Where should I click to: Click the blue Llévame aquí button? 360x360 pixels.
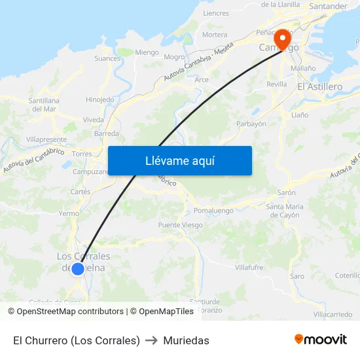coord(179,160)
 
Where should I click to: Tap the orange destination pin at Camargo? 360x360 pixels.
coord(283,39)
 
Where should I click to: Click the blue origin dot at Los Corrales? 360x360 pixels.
coord(78,268)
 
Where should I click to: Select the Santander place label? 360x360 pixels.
coord(328,7)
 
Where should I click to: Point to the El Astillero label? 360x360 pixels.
coord(319,86)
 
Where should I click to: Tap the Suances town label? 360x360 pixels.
coord(107,58)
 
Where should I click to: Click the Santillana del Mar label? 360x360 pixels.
coord(45,105)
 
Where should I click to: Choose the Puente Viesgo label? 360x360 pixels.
coord(180,225)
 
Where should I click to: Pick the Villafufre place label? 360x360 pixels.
coord(249,268)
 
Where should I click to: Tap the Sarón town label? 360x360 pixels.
coord(286,193)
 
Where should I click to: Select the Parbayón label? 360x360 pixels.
coord(251,124)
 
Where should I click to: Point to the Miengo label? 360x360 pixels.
coord(147,52)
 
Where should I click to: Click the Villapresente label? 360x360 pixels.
coord(46,140)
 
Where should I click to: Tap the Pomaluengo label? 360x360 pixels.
coord(213,211)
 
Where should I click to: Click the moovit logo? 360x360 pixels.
coord(321,340)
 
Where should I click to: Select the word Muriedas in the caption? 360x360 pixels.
coord(187,340)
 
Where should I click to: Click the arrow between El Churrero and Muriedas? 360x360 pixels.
coord(151,340)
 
